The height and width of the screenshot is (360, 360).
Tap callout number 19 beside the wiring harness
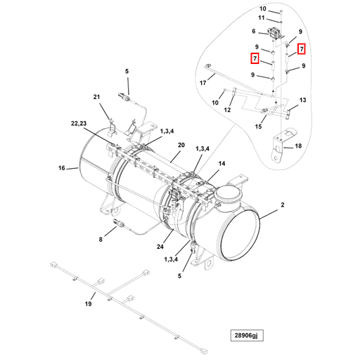click(89, 304)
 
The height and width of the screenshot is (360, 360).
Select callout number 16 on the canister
click(62, 169)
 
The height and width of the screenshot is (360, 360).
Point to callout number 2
click(283, 205)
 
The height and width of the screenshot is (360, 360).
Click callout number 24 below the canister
click(160, 247)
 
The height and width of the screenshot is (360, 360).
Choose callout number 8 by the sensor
click(101, 240)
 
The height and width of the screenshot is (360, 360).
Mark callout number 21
click(98, 96)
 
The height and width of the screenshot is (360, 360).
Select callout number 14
click(221, 163)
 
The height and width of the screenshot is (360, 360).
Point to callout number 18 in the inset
click(299, 146)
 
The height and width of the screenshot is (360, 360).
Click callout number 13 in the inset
click(303, 101)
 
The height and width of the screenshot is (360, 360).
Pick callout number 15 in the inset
click(258, 127)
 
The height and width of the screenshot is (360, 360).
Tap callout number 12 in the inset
click(228, 110)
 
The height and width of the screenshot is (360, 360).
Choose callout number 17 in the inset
click(202, 83)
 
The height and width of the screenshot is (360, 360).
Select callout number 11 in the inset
click(261, 18)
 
